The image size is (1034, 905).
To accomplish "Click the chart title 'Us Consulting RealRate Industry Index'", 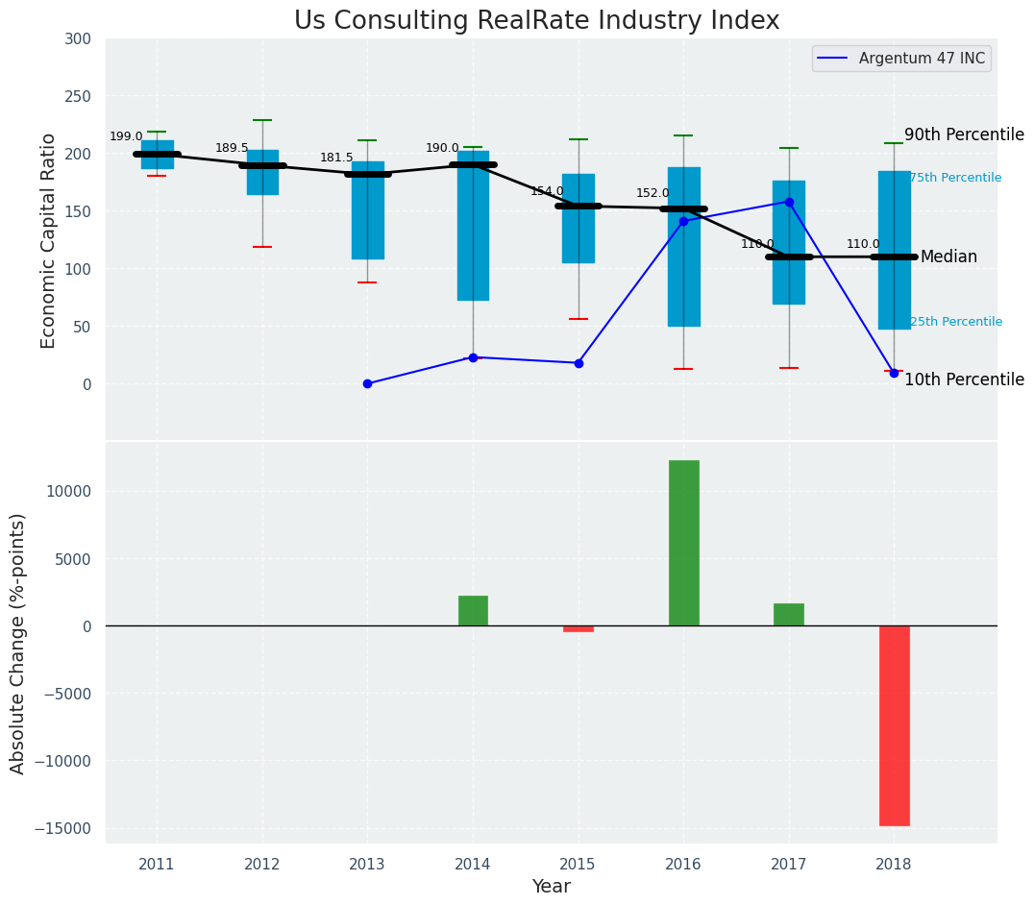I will click(536, 21).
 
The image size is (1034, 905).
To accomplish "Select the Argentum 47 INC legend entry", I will click(921, 59).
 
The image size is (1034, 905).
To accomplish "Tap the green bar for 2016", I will click(683, 543).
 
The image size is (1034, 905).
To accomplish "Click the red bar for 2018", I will click(894, 725).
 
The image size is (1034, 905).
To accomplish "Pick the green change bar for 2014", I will click(473, 611).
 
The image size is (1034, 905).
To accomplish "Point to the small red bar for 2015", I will click(579, 628).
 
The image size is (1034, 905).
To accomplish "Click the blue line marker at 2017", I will click(789, 202).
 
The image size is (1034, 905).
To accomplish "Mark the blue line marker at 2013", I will click(367, 383).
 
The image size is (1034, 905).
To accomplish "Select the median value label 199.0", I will click(126, 136).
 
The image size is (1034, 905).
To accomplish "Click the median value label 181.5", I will click(336, 158).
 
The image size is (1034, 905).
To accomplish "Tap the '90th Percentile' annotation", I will click(964, 135).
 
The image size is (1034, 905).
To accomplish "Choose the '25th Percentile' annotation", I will click(955, 322).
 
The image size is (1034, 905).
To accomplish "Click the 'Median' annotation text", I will click(948, 257).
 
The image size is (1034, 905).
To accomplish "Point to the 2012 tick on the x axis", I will click(262, 865).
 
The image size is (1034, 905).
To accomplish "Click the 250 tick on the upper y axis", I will click(79, 96).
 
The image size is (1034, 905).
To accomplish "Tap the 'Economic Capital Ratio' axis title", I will click(49, 240).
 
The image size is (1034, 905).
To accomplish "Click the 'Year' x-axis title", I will click(552, 887).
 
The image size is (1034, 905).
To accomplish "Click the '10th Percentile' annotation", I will click(964, 380).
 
